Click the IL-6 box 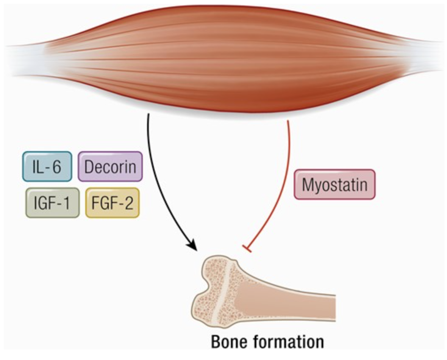47,166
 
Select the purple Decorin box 110,166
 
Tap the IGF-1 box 52,203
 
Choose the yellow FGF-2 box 112,203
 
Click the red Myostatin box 334,184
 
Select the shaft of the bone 297,303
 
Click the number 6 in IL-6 56,166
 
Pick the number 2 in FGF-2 127,203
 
